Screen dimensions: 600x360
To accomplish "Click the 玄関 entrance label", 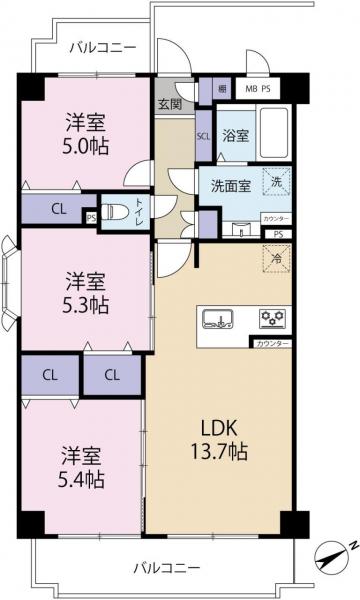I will coord(169,103).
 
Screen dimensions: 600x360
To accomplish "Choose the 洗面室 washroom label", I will coord(230,184).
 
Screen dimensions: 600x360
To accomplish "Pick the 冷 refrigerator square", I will coord(276,257).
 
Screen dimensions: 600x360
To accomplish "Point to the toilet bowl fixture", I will coord(117,212).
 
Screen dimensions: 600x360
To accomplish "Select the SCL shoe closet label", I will coord(202,136).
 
